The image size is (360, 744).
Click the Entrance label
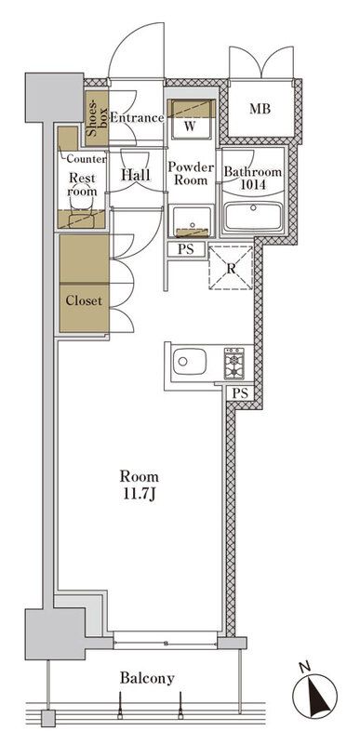(137, 118)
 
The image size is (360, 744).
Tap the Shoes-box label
(95, 118)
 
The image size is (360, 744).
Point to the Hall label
(136, 172)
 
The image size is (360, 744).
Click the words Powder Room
(191, 174)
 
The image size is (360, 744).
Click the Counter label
(86, 158)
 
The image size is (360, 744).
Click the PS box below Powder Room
(186, 249)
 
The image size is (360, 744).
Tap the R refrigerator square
(230, 267)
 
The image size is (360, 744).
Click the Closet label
(83, 300)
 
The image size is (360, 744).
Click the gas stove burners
(233, 361)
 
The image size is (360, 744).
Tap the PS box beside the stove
(240, 393)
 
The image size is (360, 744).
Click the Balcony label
(147, 679)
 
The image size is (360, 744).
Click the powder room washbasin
(191, 220)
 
